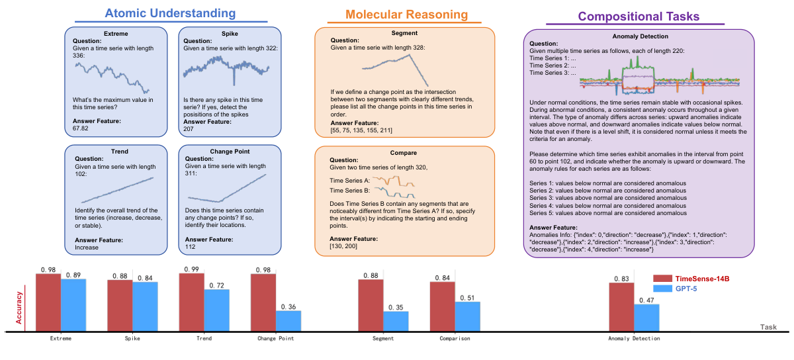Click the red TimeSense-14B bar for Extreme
tap(48, 302)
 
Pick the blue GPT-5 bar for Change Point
tap(288, 320)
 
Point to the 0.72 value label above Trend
tap(216, 285)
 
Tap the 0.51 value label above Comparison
tap(468, 298)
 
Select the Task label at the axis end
tap(768, 327)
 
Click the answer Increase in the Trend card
tap(87, 247)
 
